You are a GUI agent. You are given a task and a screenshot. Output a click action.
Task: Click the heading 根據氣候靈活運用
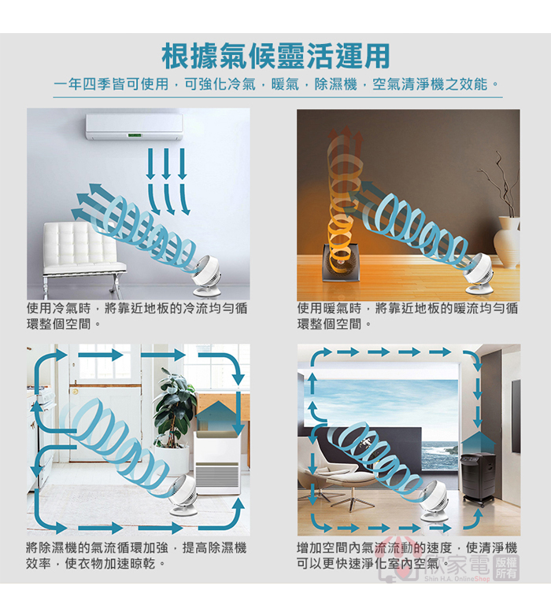(275, 57)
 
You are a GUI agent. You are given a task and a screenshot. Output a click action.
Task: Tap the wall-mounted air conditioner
(135, 127)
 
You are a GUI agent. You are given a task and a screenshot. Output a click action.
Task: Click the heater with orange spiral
(338, 262)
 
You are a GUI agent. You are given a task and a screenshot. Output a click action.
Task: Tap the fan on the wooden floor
(479, 274)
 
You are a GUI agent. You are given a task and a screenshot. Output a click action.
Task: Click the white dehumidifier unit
(216, 462)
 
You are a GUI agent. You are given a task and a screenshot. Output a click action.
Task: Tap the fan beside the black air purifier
(436, 502)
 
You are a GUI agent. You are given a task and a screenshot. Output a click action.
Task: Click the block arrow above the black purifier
(478, 443)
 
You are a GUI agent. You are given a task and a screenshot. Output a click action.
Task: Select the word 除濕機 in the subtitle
(336, 84)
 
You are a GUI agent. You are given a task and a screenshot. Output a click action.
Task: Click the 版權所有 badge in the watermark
(506, 567)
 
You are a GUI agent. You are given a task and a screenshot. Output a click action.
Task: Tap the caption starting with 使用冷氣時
(137, 316)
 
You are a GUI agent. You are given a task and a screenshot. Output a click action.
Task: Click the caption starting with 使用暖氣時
(408, 316)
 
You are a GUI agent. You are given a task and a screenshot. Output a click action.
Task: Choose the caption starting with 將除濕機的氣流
(136, 555)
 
